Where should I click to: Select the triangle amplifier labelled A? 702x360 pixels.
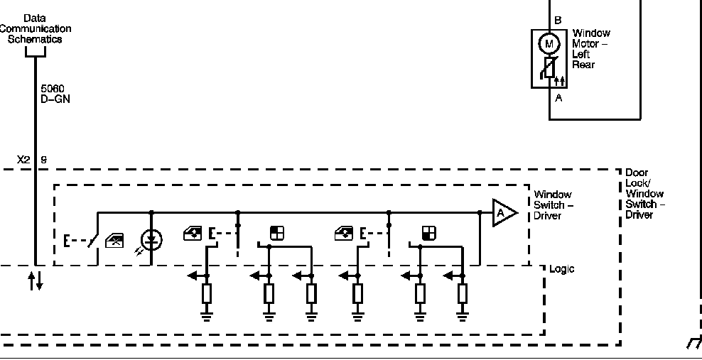point(504,213)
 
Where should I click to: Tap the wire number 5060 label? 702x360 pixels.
point(53,89)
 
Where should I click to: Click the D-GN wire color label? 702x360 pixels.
point(55,99)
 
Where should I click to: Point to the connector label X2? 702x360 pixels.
point(23,160)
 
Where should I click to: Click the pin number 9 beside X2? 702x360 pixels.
point(44,160)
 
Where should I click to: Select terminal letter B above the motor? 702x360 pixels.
point(558,20)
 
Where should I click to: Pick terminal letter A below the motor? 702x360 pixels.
point(558,98)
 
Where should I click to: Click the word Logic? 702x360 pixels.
point(561,269)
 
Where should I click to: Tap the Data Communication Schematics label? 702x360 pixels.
point(35,28)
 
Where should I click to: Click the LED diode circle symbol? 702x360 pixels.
point(152,240)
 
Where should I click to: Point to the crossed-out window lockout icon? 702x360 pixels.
point(114,241)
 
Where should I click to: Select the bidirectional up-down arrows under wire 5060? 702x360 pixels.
point(36,280)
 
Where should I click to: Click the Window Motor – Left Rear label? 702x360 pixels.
point(591,49)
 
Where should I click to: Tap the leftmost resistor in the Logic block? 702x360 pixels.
point(206,294)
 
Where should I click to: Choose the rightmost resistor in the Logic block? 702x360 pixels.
point(463,294)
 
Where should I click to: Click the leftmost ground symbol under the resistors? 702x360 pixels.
point(206,316)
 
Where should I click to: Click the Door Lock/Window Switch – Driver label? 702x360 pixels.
point(644,194)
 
